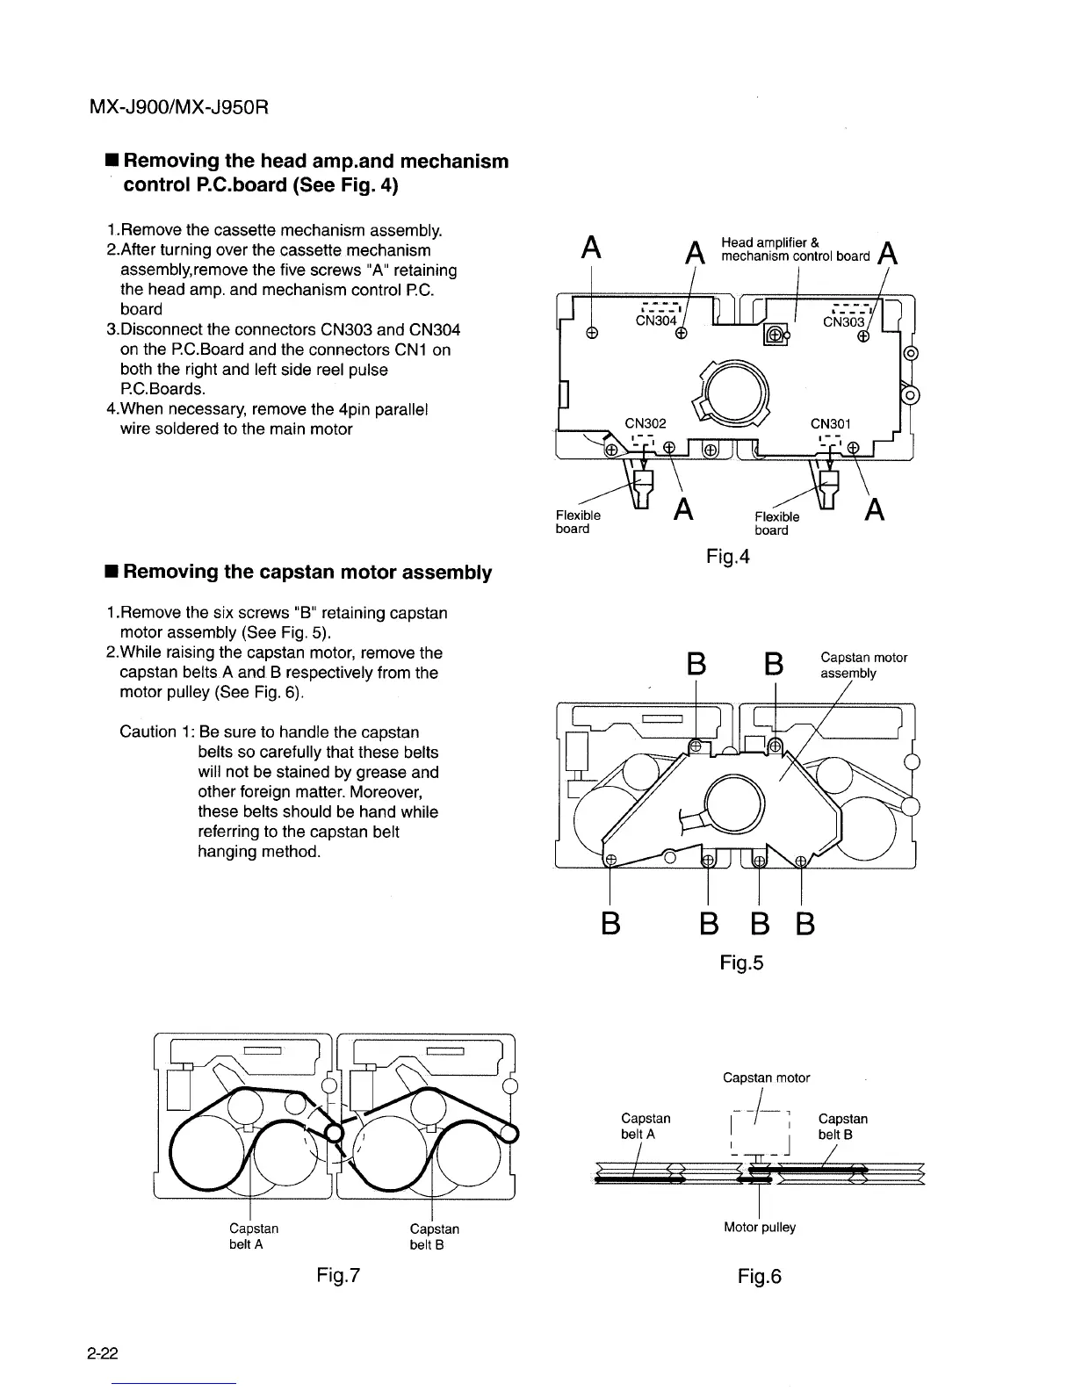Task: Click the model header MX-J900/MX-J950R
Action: click(x=178, y=108)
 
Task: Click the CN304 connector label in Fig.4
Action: click(x=656, y=321)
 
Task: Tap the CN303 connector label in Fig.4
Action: click(x=843, y=322)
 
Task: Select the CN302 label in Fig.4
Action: click(x=646, y=423)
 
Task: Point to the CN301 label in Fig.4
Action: click(x=831, y=423)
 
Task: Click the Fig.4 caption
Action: click(x=728, y=556)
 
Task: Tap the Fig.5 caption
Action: click(x=741, y=962)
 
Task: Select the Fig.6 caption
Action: click(x=759, y=1276)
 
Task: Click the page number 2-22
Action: click(x=104, y=1355)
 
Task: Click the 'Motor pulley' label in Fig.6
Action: click(x=759, y=1227)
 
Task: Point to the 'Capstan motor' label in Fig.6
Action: click(x=766, y=1077)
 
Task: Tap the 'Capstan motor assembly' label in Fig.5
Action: click(x=862, y=665)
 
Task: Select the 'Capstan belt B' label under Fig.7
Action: click(x=434, y=1236)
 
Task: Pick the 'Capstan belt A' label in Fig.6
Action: click(x=645, y=1126)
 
